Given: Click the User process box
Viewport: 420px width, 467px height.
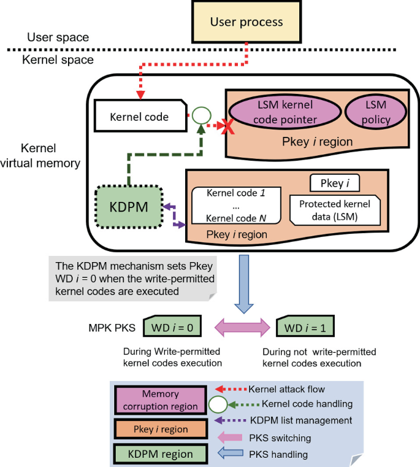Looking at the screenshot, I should click(x=246, y=22).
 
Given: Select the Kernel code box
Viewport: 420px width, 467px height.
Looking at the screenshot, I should click(x=140, y=115).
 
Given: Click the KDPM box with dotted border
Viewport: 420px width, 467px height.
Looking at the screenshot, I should click(x=129, y=206).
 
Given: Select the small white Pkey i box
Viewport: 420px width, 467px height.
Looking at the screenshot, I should click(x=335, y=182).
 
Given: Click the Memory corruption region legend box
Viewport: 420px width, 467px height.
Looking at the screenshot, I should click(x=160, y=400).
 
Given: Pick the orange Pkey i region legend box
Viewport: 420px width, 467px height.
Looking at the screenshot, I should click(x=160, y=428).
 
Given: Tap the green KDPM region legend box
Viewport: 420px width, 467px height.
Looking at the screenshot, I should click(x=160, y=454).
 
